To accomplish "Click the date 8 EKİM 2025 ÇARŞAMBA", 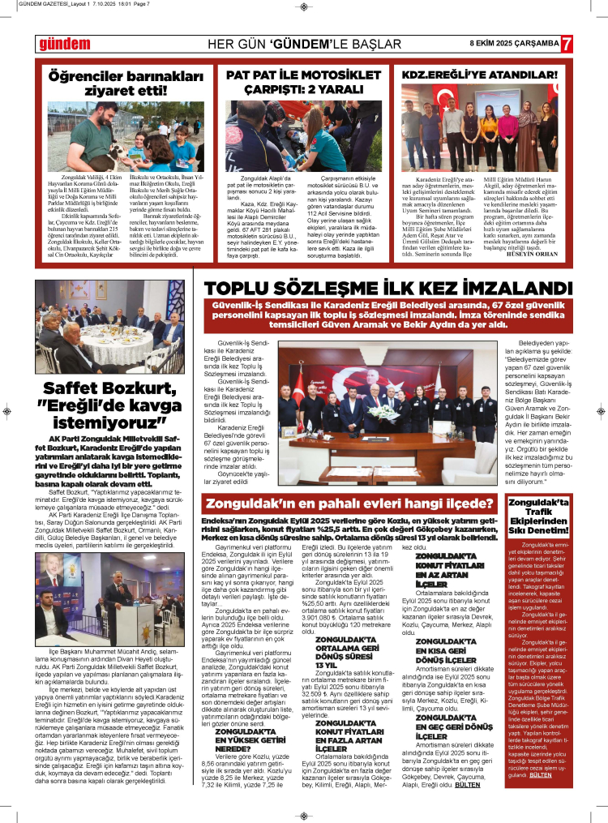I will point(514,43).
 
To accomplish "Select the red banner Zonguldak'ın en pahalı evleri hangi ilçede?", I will point(350,504).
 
